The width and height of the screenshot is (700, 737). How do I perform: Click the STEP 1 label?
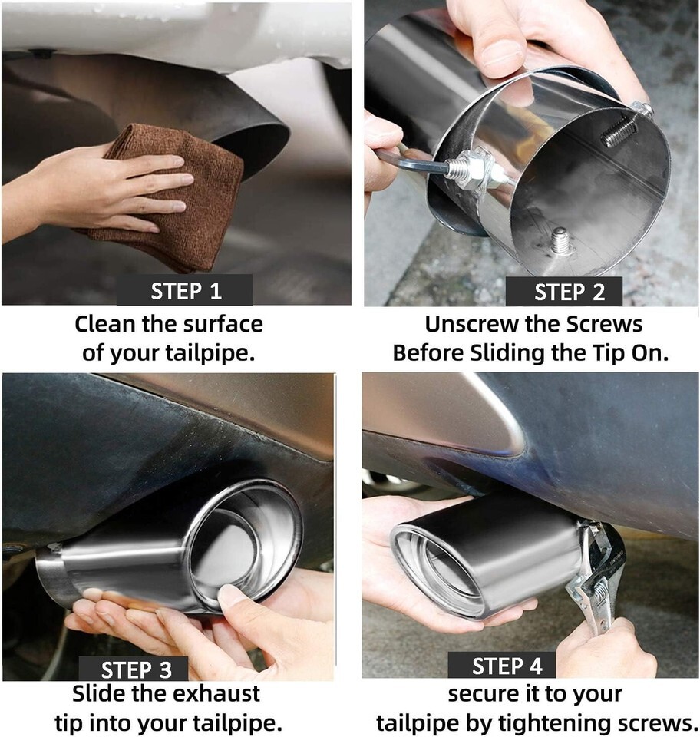click(x=186, y=291)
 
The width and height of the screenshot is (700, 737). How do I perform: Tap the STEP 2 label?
click(x=569, y=292)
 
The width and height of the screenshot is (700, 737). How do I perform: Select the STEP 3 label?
click(x=137, y=669)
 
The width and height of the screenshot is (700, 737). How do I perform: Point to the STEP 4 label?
click(x=507, y=666)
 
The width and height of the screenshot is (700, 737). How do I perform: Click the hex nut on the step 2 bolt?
click(x=477, y=169)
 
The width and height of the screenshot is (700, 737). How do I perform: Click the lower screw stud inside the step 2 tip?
click(x=560, y=240)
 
